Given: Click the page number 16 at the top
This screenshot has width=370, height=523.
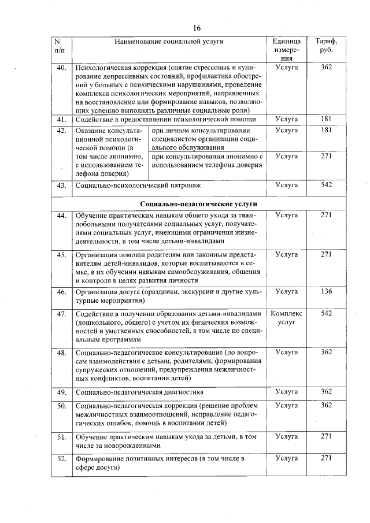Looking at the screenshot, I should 197,28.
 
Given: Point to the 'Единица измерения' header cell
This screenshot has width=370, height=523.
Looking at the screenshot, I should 286,50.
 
